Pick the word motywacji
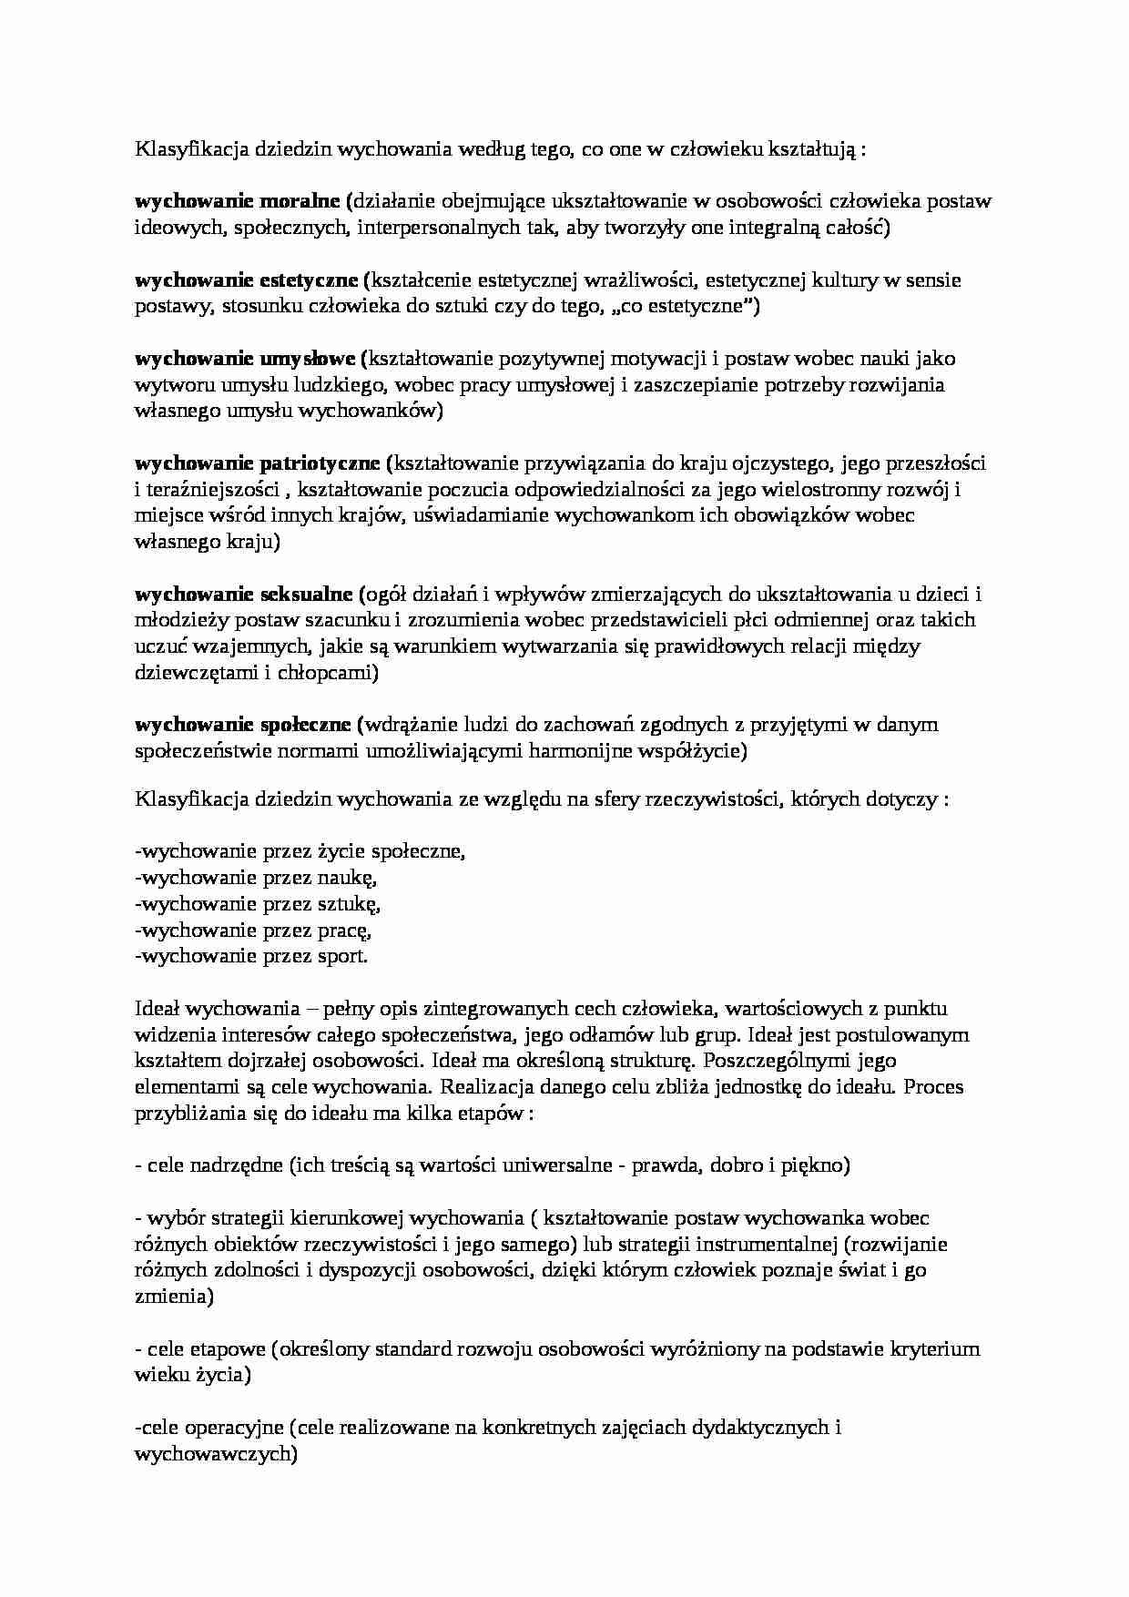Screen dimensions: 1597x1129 pos(695,359)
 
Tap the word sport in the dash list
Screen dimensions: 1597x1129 pos(339,956)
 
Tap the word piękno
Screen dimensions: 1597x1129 pos(811,1165)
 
